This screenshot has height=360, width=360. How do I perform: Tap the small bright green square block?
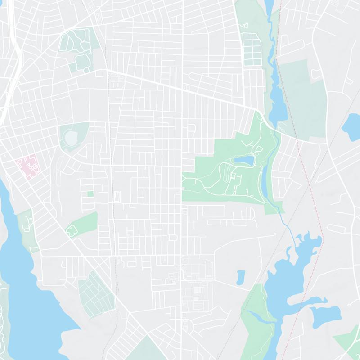90,194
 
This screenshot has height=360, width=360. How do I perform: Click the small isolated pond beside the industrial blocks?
241,277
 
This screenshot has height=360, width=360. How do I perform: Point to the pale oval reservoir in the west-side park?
71,137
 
